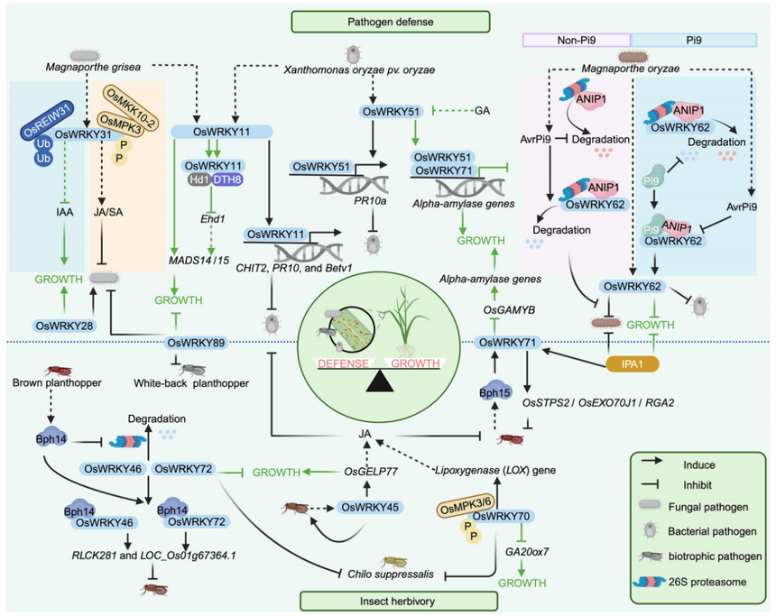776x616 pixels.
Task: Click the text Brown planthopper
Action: pos(53,382)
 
